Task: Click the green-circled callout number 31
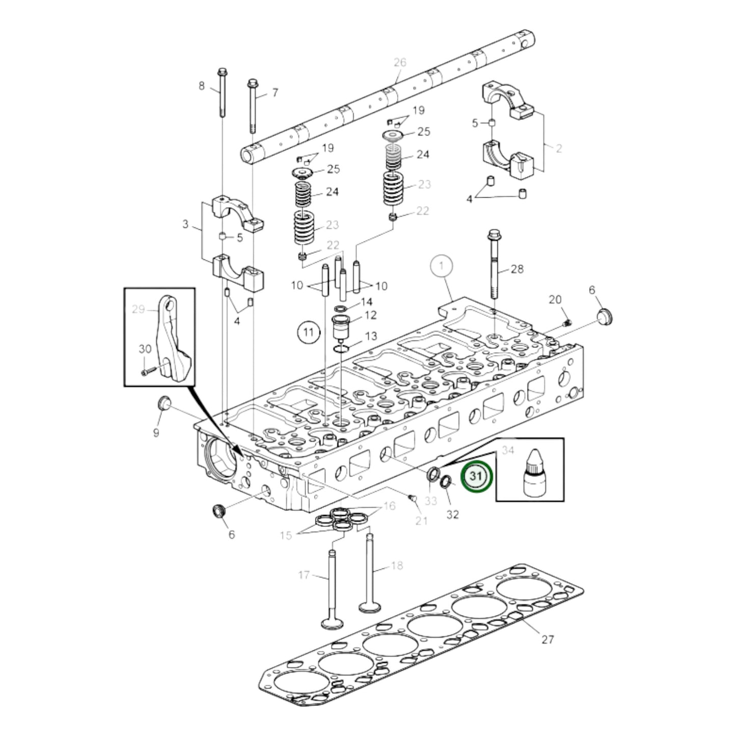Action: click(x=476, y=476)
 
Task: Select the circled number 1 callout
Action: click(x=442, y=265)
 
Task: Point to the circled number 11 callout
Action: click(x=307, y=333)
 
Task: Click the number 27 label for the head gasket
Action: click(x=547, y=639)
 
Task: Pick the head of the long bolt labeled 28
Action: click(x=493, y=235)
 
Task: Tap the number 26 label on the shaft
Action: click(x=400, y=62)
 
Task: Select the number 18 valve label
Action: click(x=397, y=565)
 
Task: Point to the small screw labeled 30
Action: click(x=145, y=372)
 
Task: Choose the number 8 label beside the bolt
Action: click(x=201, y=86)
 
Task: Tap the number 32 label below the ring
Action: click(x=452, y=514)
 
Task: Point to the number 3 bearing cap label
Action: click(x=185, y=224)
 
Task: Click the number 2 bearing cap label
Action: click(x=558, y=148)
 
